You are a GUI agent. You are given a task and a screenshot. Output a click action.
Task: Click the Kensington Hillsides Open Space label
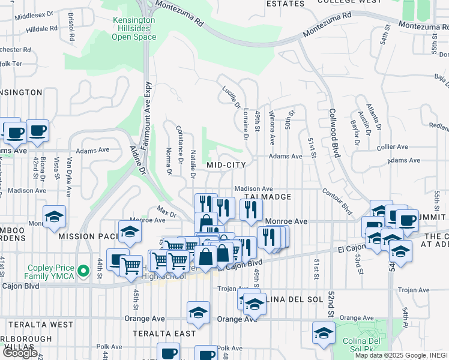[134, 29]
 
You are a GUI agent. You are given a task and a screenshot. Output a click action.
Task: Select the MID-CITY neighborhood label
[226, 164]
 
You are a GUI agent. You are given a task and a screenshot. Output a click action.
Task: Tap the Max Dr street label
[166, 212]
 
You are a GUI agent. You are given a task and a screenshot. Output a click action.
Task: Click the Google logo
[20, 352]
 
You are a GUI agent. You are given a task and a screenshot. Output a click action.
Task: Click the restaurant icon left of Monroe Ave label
[250, 209]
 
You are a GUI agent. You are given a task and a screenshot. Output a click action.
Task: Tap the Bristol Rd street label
[71, 26]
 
